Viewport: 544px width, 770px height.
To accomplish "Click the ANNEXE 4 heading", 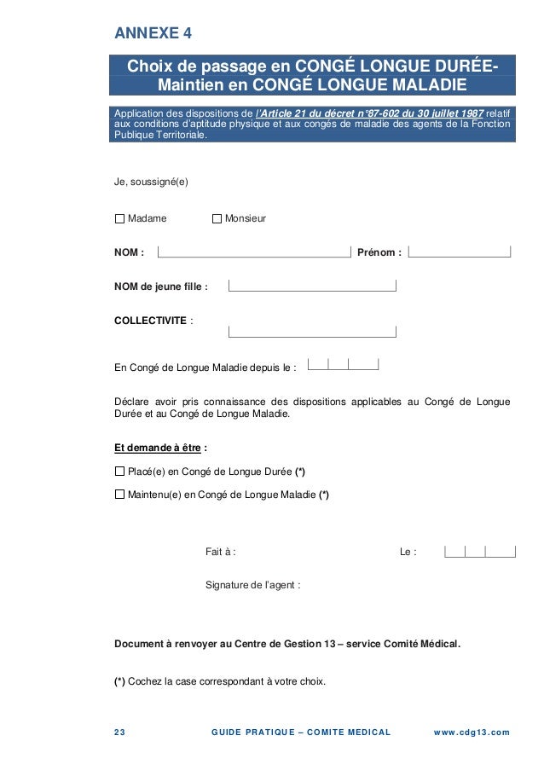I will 153,34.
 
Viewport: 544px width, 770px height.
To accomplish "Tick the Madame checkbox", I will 119,219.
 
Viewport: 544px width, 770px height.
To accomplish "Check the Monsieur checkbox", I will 217,219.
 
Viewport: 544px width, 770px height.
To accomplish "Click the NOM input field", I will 254,251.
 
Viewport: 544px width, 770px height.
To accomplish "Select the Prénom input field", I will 460,251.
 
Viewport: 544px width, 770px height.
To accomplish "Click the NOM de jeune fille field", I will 312,286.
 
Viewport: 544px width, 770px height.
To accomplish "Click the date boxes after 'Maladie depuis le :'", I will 343,364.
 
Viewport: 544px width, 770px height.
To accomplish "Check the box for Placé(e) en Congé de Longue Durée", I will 119,472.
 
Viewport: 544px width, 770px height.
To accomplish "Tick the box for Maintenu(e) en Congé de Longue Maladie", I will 119,495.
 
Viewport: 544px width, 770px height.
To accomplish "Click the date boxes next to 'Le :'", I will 480,551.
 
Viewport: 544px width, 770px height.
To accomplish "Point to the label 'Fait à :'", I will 221,553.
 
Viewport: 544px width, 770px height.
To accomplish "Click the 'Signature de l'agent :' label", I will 252,585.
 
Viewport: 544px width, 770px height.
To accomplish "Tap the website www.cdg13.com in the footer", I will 471,732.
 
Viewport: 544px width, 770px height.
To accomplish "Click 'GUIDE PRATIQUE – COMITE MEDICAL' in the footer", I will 299,732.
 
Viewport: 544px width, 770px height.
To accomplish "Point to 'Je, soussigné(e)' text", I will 151,182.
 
